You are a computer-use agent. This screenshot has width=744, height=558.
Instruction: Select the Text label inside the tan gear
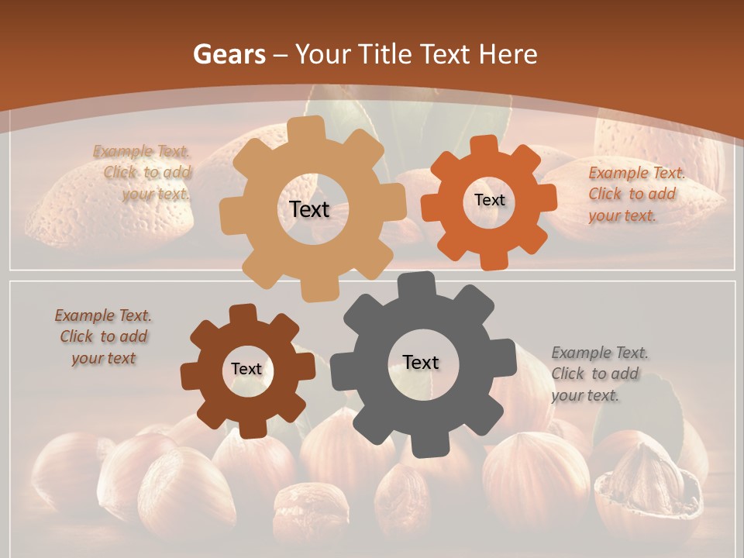(309, 209)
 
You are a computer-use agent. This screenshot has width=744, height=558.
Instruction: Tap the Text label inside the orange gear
(489, 200)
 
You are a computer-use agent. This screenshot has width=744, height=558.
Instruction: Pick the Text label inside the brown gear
(246, 369)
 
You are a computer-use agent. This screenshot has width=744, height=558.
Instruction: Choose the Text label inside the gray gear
(421, 362)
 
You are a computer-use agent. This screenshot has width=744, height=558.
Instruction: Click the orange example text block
(635, 194)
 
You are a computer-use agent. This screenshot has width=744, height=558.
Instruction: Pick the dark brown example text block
(104, 337)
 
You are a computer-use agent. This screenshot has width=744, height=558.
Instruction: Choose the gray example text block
(599, 374)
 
